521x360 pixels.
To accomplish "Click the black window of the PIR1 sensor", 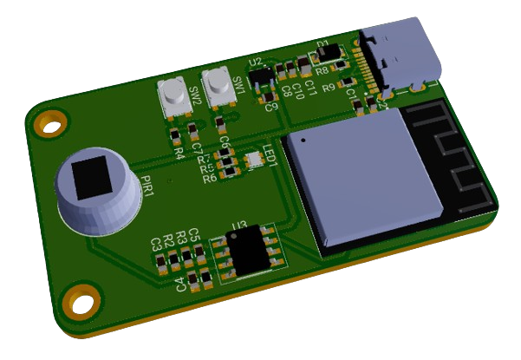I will click(91, 179).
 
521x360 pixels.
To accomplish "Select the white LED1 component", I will click(254, 159).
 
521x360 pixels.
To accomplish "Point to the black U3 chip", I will click(246, 251).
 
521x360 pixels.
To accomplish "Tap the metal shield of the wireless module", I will click(364, 178).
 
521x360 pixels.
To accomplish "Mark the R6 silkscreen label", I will click(209, 179).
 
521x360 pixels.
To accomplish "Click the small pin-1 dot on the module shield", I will click(303, 137).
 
